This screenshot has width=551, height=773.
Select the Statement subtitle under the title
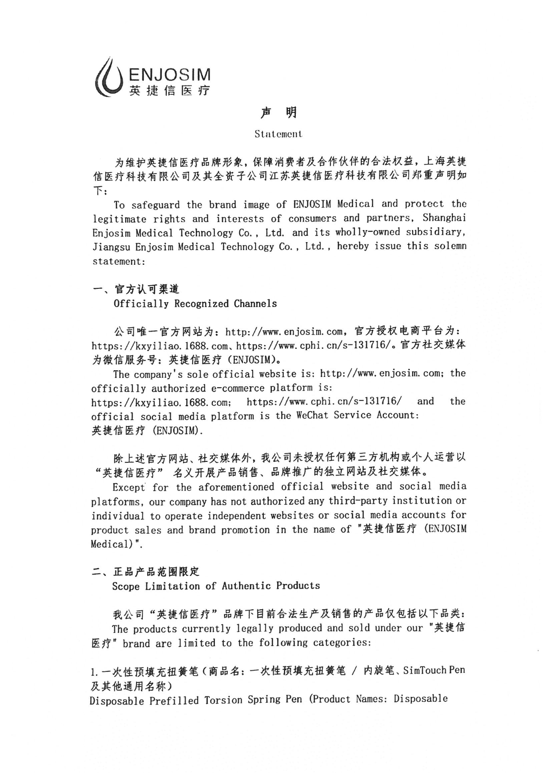(278, 134)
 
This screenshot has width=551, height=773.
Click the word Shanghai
(444, 218)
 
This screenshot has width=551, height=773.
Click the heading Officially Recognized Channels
(195, 304)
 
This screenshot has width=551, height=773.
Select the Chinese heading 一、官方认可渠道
(136, 289)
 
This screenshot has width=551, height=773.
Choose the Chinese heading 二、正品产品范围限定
(146, 571)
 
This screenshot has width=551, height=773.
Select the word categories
(341, 643)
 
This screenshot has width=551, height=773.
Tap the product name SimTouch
(425, 671)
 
